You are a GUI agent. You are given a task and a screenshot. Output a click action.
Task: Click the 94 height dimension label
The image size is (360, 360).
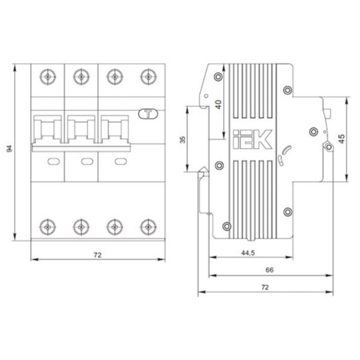pyautogui.click(x=10, y=149)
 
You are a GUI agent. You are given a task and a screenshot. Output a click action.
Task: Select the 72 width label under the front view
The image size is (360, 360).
pyautogui.click(x=98, y=255)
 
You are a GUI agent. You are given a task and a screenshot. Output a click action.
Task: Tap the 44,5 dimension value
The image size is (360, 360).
pyautogui.click(x=248, y=253)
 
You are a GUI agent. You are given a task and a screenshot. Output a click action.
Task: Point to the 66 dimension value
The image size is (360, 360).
pyautogui.click(x=269, y=270)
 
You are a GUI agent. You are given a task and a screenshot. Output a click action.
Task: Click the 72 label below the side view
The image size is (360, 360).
pyautogui.click(x=265, y=287)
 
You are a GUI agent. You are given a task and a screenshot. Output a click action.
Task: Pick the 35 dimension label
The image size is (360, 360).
pyautogui.click(x=183, y=139)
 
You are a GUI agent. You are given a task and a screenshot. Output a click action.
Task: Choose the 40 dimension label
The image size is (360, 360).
pyautogui.click(x=219, y=105)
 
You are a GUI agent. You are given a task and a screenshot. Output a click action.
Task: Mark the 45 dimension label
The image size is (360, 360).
pyautogui.click(x=342, y=139)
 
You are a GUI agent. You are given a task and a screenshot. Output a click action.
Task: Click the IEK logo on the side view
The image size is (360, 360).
pyautogui.click(x=252, y=139)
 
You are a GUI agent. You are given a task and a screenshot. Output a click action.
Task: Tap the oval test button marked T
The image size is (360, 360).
pyautogui.click(x=149, y=114)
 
